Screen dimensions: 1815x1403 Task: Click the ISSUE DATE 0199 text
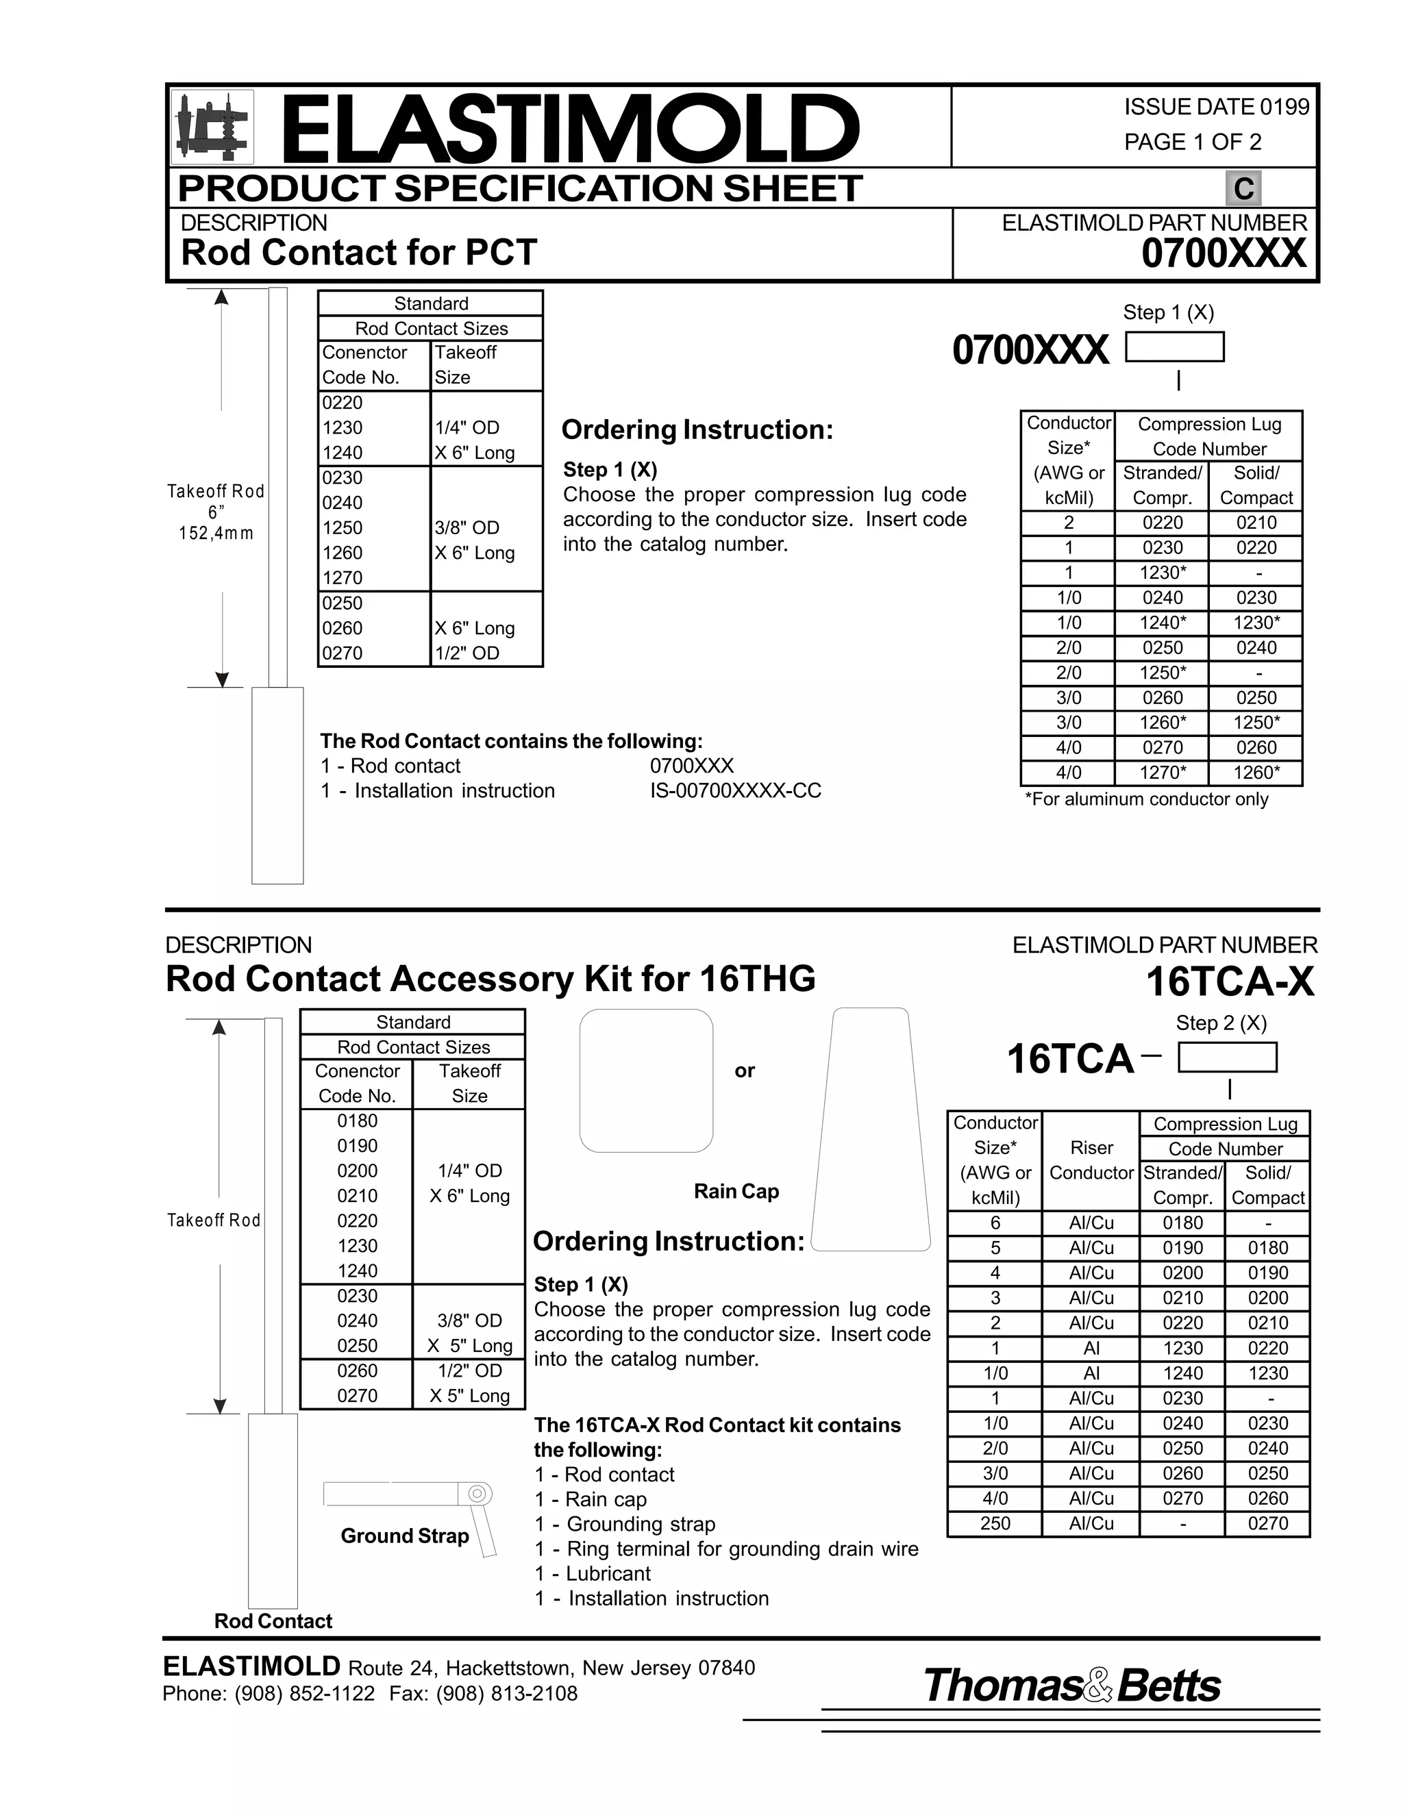(x=1216, y=108)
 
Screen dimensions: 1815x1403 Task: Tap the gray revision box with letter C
(x=1243, y=188)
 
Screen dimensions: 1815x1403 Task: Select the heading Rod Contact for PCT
(x=359, y=253)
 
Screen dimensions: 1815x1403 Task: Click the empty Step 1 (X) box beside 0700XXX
(x=1174, y=347)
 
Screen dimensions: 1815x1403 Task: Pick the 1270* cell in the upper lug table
(x=1162, y=773)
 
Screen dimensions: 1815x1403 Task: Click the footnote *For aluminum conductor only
(x=1146, y=799)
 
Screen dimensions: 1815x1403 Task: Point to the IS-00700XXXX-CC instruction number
(x=736, y=791)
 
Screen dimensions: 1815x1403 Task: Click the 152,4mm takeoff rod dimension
(x=216, y=534)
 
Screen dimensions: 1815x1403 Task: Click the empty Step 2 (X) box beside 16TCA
(x=1228, y=1058)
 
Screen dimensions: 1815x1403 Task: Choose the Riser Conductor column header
(x=1091, y=1160)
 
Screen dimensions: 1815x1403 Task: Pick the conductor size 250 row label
(x=995, y=1523)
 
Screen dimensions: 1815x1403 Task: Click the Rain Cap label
(x=736, y=1192)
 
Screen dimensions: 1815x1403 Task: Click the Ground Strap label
(x=405, y=1536)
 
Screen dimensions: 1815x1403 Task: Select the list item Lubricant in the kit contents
(x=608, y=1574)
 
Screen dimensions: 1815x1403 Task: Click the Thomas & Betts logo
(x=1072, y=1686)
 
